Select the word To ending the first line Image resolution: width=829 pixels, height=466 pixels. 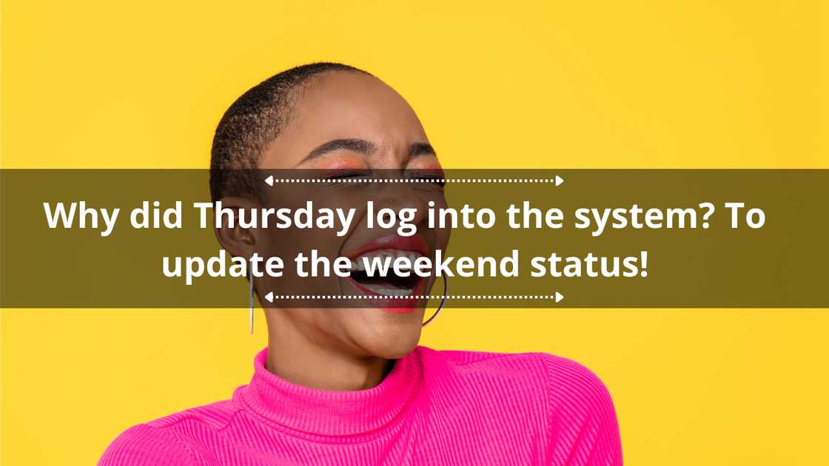tap(745, 217)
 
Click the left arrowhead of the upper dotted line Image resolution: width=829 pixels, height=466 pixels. tap(269, 180)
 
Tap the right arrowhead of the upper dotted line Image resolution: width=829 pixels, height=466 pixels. tap(560, 180)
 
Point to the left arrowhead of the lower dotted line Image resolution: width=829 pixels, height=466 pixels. tap(269, 297)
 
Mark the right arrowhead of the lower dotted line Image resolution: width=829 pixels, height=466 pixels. tap(560, 297)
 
